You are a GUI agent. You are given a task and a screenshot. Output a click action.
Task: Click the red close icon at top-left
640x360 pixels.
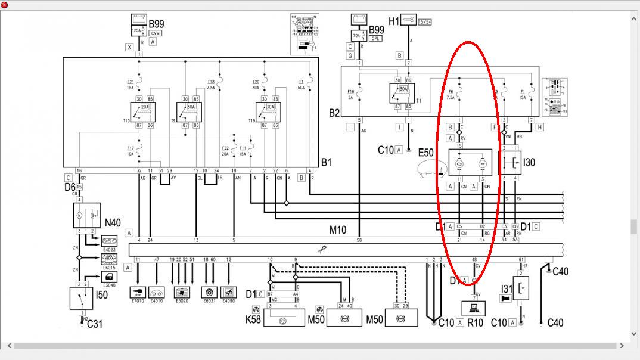tap(4, 5)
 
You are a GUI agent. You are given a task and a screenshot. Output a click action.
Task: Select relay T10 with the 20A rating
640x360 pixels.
tap(143, 111)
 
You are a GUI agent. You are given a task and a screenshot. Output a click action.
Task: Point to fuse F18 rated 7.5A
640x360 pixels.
tap(219, 85)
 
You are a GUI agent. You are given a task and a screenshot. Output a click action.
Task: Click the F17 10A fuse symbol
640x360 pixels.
tap(138, 150)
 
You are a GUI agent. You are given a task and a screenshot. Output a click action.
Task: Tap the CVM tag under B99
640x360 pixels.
tap(155, 33)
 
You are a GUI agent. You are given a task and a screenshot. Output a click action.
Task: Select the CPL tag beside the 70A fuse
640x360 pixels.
tap(375, 38)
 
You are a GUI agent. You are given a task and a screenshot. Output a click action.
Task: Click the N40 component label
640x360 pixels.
tap(113, 223)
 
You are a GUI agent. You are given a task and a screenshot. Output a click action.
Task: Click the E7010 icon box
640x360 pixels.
tap(138, 293)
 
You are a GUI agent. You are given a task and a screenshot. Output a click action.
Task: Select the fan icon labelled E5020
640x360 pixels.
tap(181, 293)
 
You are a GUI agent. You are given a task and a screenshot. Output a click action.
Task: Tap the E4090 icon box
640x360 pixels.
tap(228, 293)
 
